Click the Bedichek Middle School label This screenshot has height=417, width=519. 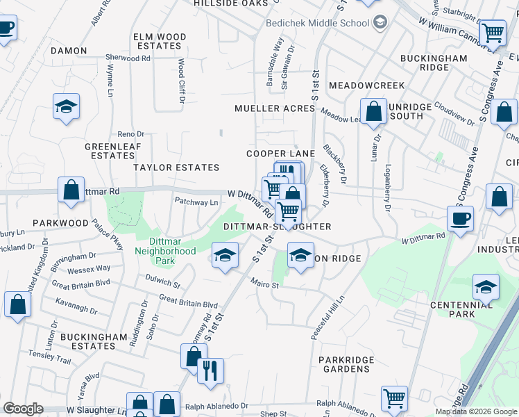click(x=318, y=23)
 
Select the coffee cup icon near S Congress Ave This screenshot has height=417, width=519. click(x=460, y=219)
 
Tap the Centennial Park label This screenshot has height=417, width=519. click(x=461, y=309)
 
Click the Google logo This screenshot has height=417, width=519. click(x=23, y=409)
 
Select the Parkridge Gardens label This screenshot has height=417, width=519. click(x=346, y=364)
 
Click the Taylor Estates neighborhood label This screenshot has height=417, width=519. click(x=176, y=167)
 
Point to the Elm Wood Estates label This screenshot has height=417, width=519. click(x=160, y=41)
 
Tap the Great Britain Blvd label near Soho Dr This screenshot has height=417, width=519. click(x=188, y=304)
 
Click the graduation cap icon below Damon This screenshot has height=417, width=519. click(x=66, y=107)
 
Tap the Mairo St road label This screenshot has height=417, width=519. click(x=264, y=284)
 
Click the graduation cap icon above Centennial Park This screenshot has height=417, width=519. click(x=486, y=286)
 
